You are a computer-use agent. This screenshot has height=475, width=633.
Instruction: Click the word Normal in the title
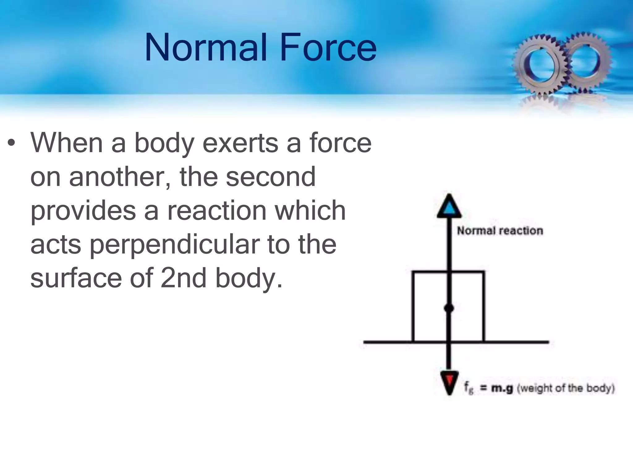coord(206,48)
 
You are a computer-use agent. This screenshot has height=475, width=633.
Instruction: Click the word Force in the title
coord(328,48)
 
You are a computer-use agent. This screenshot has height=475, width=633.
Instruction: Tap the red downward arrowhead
coord(449,381)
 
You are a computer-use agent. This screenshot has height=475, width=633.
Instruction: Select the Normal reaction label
coord(500,231)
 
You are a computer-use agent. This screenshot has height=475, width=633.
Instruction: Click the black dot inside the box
coord(449,308)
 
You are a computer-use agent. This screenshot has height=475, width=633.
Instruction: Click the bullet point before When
coord(12,143)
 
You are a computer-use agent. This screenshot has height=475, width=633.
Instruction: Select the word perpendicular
coord(174,245)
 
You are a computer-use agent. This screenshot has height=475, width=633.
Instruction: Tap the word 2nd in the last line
coord(183,278)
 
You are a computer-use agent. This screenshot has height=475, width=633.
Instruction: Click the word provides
coord(83,211)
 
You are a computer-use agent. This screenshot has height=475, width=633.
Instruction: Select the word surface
coord(76,278)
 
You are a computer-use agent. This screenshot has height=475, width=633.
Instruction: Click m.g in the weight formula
coord(502,388)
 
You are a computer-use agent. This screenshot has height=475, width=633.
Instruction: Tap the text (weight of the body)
coord(566,388)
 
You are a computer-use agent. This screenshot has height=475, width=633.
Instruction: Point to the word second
coord(271,177)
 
